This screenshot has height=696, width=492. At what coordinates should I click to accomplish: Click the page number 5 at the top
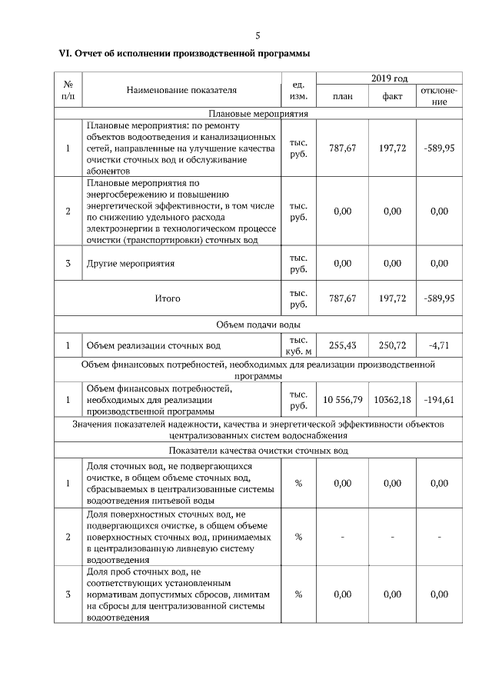tap(258, 35)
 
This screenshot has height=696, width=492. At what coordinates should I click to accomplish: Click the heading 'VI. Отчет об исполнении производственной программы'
tap(184, 54)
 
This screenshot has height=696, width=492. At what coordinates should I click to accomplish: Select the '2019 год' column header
tap(390, 78)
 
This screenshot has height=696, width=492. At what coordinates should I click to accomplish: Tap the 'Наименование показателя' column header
tap(181, 91)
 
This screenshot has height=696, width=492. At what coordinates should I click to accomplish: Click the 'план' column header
tap(342, 97)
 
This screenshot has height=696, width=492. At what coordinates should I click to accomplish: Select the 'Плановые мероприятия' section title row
tap(258, 113)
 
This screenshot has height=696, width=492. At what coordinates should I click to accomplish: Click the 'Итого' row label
tap(167, 298)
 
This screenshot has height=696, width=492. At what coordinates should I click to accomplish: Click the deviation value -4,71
tap(439, 346)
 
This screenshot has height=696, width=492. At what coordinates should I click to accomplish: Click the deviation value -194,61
tap(439, 399)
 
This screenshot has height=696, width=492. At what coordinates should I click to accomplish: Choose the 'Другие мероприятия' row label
tap(131, 264)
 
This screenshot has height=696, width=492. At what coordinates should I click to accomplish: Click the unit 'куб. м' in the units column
tap(298, 352)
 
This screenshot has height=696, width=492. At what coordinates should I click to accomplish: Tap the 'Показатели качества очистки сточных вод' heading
tap(258, 451)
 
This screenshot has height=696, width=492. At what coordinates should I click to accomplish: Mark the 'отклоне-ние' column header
tap(439, 97)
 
